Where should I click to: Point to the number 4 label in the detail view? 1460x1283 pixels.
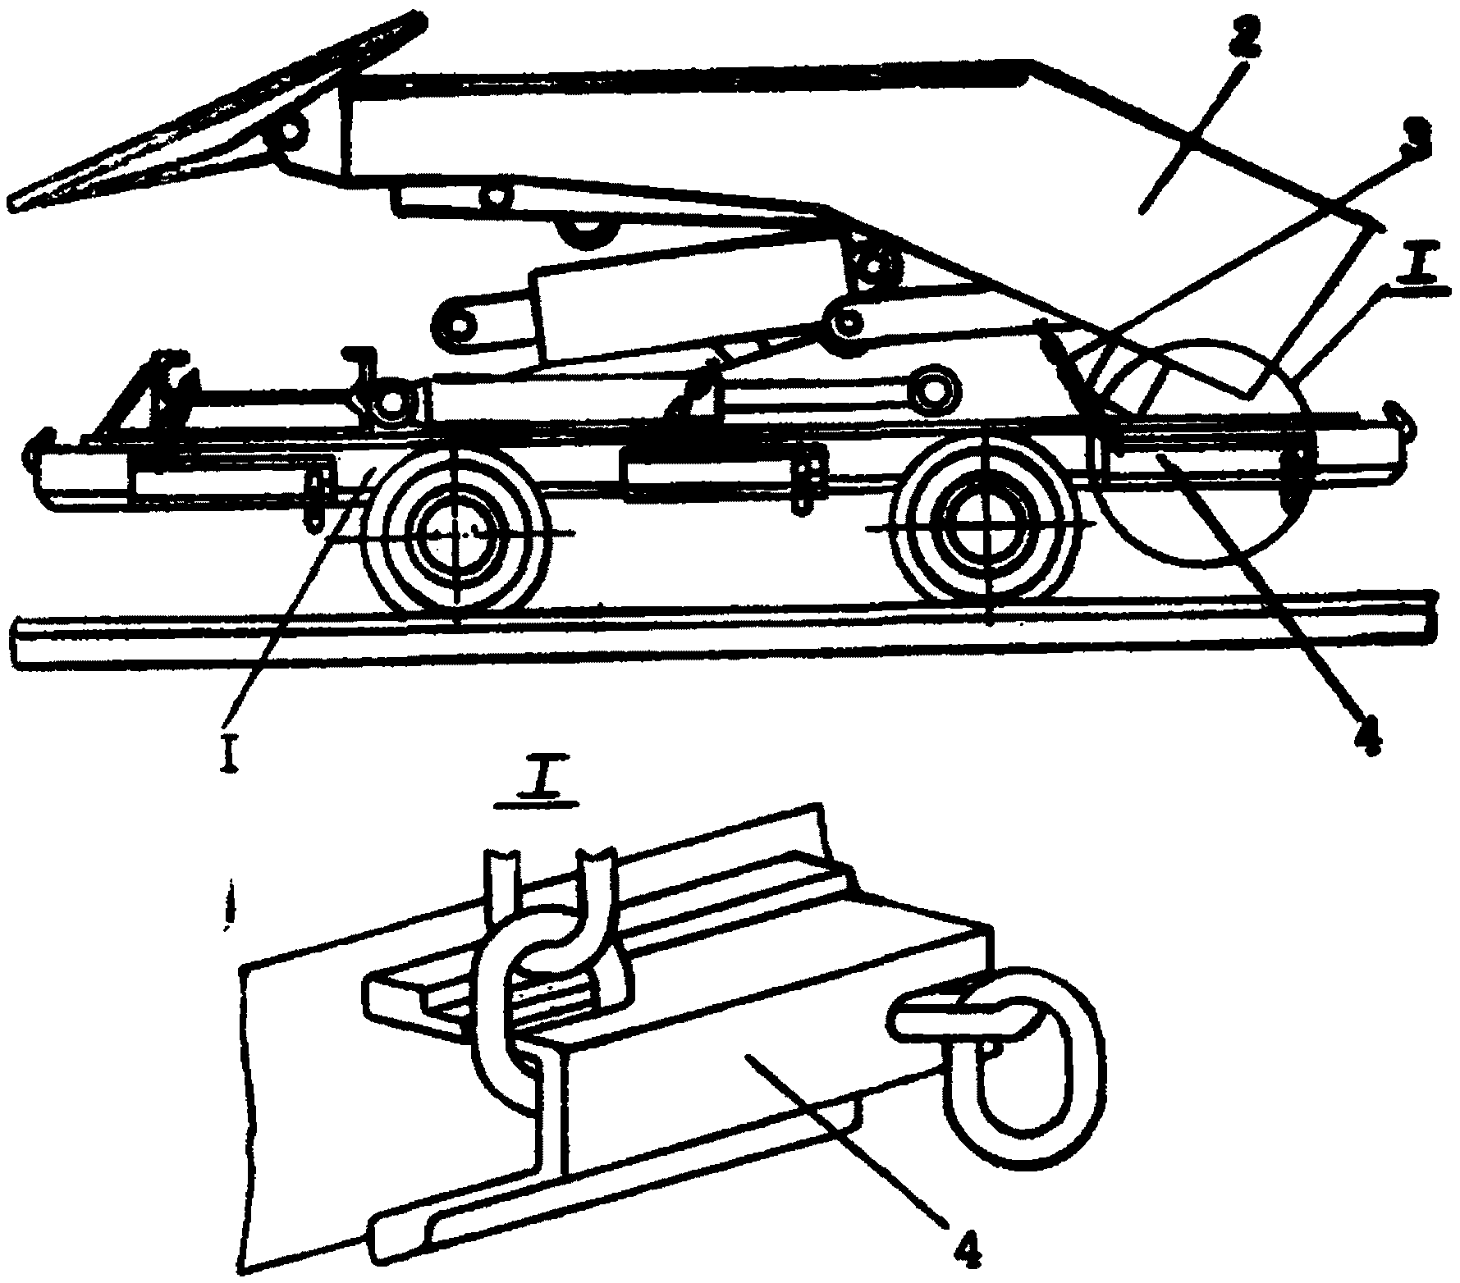[959, 1246]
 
